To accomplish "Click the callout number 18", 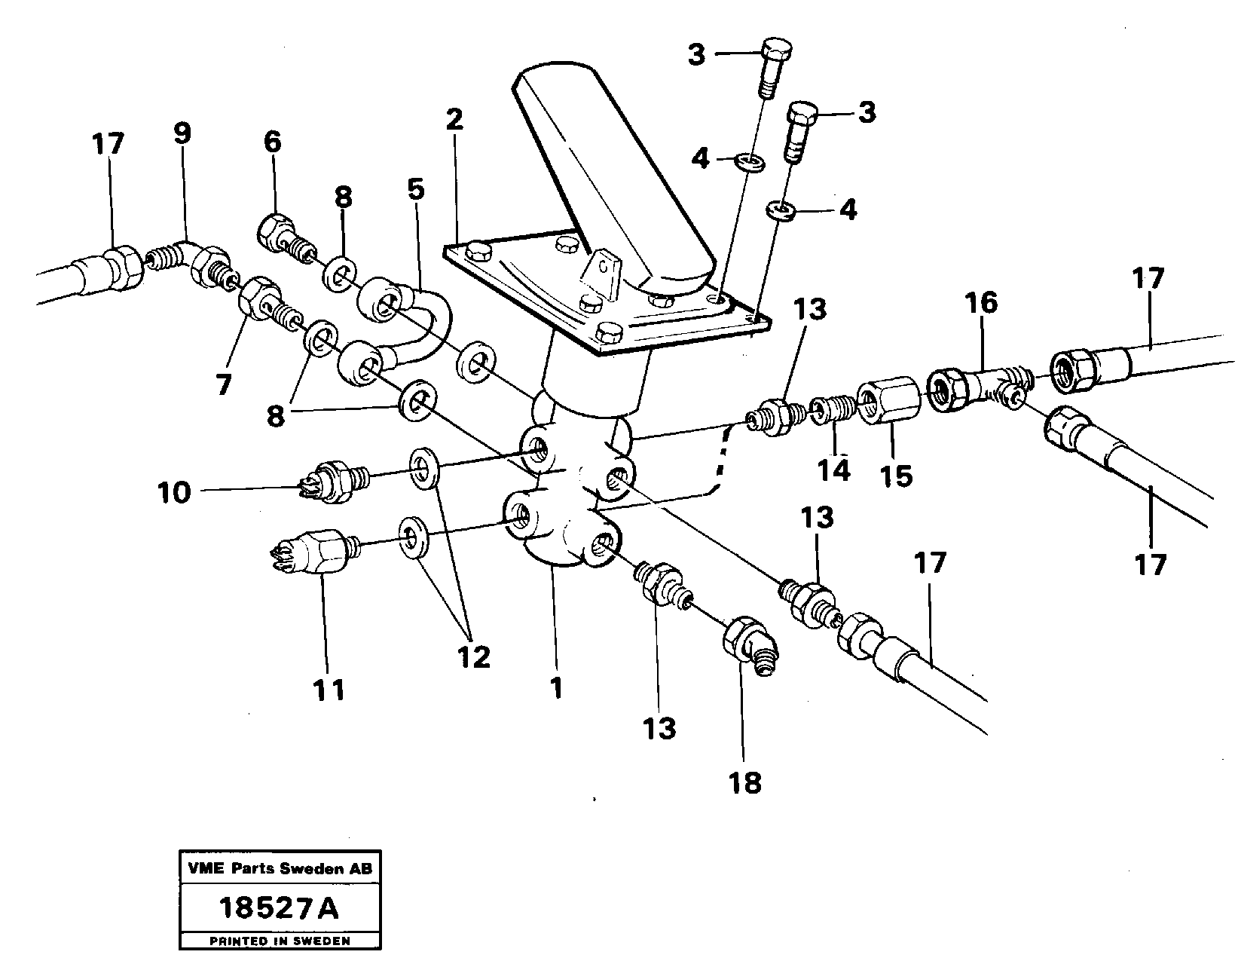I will coord(745,783).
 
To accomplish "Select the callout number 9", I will coord(182,134).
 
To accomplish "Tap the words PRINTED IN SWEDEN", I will coord(280,941).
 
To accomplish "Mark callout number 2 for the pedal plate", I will coord(454,121).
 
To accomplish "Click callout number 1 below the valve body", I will coord(556,688).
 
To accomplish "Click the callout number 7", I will coord(222,384).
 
